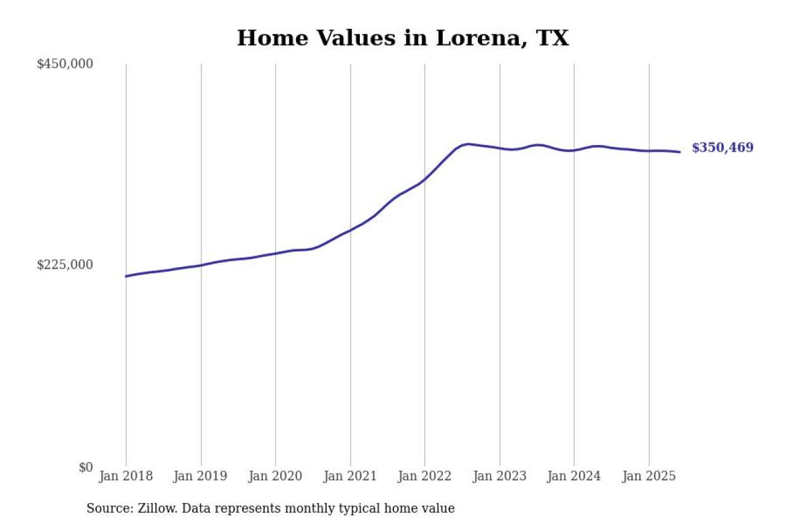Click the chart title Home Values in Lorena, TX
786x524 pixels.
(x=403, y=38)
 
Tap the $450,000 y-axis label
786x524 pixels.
(x=64, y=64)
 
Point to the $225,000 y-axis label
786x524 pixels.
(x=64, y=265)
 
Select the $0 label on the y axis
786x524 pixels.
(x=85, y=467)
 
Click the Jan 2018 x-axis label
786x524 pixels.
(x=126, y=476)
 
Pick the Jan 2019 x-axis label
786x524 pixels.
(x=200, y=476)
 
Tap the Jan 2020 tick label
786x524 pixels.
(x=274, y=476)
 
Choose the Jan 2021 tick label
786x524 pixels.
(x=349, y=476)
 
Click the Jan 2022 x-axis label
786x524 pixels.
(x=424, y=476)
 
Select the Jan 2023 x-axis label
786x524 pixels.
(x=499, y=476)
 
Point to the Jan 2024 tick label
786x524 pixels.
(x=574, y=476)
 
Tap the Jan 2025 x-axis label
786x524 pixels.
(x=648, y=476)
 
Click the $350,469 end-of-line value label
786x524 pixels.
(x=722, y=148)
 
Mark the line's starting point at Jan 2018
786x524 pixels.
(x=126, y=276)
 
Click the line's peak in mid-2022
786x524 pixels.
(x=469, y=144)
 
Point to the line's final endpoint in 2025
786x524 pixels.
(x=680, y=152)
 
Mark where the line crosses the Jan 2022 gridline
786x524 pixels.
(x=425, y=179)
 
